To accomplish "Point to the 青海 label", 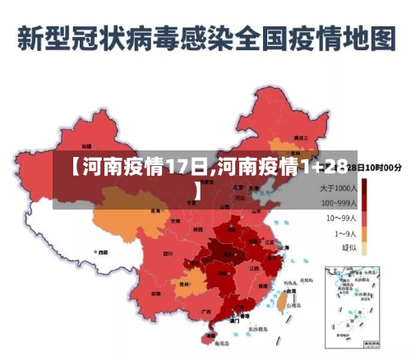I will coord(155,211).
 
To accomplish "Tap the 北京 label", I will coord(238,187).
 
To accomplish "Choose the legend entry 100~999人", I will coord(336,203).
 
